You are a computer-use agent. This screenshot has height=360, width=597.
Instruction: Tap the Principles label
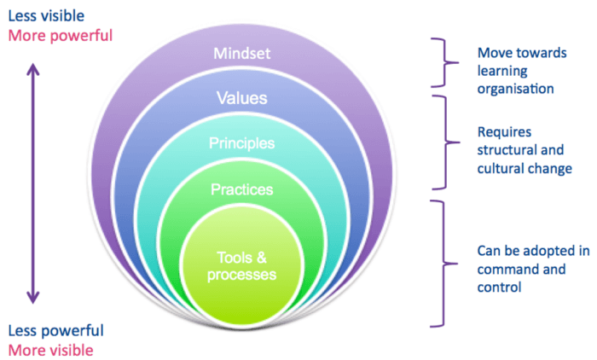241,142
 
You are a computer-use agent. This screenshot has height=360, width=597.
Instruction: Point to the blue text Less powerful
55,330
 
